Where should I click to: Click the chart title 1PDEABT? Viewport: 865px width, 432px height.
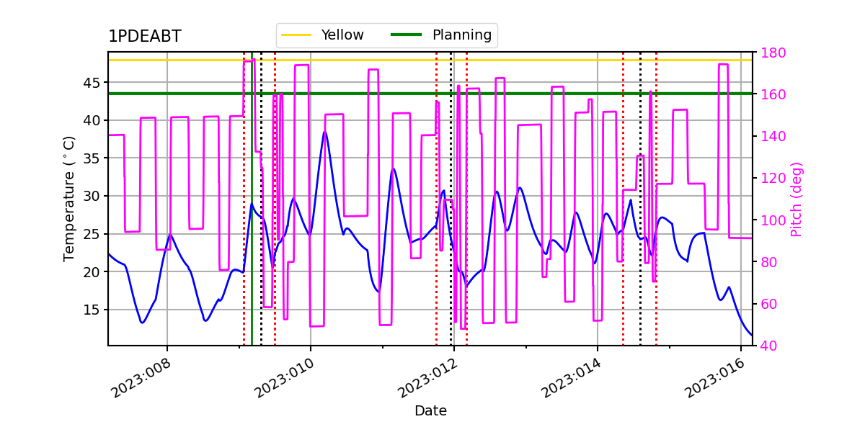pos(145,36)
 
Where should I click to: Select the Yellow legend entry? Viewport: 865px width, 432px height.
pos(322,35)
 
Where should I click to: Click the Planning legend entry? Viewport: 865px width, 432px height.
pos(441,35)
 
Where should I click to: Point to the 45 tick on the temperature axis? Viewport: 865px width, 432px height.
pos(91,83)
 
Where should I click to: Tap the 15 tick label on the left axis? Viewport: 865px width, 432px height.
pos(91,310)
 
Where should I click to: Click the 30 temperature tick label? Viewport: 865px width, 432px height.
pos(91,196)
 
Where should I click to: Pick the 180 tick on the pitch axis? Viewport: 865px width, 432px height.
pos(773,53)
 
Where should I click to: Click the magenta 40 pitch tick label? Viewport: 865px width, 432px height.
pos(769,346)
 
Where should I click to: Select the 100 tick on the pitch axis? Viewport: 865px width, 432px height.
pos(773,220)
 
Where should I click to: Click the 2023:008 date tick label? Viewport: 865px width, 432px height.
pos(141,379)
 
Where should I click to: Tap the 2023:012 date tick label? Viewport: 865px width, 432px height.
pos(427,379)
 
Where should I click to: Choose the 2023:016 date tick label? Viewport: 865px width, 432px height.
pos(714,379)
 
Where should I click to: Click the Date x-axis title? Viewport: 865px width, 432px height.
pos(430,411)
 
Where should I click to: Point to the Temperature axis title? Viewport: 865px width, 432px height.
pos(68,199)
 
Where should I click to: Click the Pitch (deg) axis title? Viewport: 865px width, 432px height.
pos(797,199)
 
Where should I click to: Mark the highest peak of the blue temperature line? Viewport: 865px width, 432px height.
pos(325,132)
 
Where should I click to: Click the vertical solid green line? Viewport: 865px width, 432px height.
pos(252,199)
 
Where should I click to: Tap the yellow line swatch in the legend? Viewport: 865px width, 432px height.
pos(296,35)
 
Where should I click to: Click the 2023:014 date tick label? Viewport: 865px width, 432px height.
pos(571,379)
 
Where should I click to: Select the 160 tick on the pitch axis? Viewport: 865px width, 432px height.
pos(773,94)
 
